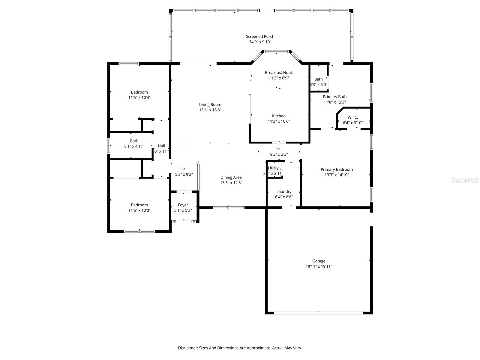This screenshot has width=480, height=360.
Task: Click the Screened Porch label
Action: [260, 37]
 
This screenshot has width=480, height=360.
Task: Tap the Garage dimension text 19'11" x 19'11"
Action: [319, 266]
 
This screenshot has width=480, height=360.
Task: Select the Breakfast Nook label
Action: [279, 73]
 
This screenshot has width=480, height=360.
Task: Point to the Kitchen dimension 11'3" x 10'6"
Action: [279, 121]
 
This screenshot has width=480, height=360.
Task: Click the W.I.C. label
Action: [352, 117]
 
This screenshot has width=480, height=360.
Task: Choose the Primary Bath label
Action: [334, 97]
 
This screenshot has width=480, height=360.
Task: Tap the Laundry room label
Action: [284, 192]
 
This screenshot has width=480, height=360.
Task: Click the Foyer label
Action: [183, 205]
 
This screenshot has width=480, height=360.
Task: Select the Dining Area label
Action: [231, 177]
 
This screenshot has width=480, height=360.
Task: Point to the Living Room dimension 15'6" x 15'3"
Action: [210, 110]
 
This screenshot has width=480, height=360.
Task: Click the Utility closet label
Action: [273, 168]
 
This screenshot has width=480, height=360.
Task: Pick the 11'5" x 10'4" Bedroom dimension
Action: [139, 97]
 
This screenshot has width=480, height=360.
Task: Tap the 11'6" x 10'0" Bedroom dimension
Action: [139, 210]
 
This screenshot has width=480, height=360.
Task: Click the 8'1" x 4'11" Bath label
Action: [134, 141]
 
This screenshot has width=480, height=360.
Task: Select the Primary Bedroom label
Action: [337, 169]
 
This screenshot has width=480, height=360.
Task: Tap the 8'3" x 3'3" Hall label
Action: [279, 149]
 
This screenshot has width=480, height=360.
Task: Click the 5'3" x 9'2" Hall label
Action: [184, 169]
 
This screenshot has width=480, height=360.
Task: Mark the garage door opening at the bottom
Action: [319, 313]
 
